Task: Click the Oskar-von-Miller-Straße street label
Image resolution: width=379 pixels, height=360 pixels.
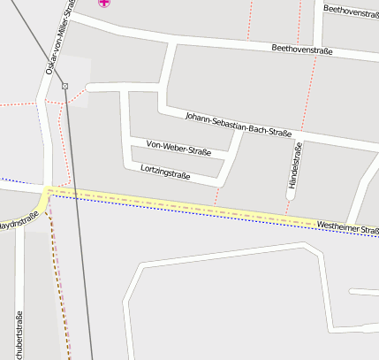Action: pyautogui.click(x=58, y=37)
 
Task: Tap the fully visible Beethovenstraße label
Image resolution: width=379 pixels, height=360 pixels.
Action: pyautogui.click(x=301, y=50)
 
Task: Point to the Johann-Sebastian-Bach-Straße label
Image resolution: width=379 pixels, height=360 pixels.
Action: pyautogui.click(x=238, y=125)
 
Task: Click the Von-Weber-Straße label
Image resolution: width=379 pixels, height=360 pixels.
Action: pyautogui.click(x=178, y=148)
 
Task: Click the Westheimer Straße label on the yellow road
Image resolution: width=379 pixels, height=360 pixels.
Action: pyautogui.click(x=346, y=227)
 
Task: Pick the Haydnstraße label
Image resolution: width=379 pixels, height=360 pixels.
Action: pyautogui.click(x=18, y=223)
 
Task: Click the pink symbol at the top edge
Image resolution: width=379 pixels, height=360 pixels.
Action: pyautogui.click(x=105, y=3)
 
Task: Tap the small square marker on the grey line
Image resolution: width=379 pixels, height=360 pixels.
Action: pyautogui.click(x=64, y=85)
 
